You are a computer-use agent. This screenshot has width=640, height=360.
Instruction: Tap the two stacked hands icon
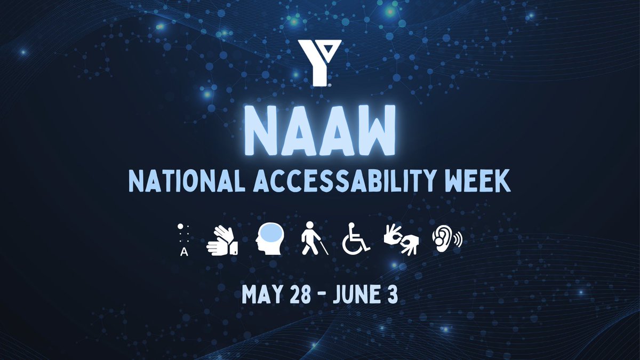click(x=222, y=241)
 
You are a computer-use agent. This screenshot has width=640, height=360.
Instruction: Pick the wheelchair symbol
click(x=356, y=241)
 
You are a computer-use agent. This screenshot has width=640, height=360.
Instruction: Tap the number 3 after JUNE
click(x=393, y=295)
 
